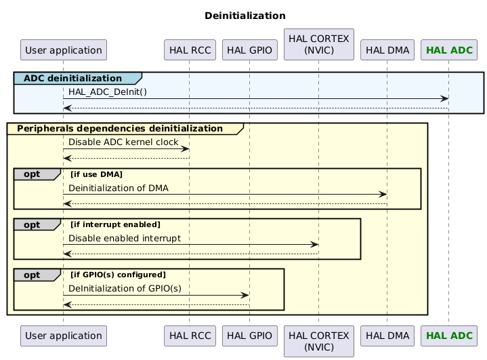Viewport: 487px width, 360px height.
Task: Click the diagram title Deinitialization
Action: [245, 16]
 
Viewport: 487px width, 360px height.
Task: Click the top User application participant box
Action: [64, 50]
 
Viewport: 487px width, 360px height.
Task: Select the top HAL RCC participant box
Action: [190, 50]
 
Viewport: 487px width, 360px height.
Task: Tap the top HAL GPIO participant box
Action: [249, 50]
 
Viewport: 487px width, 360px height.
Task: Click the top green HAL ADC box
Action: [448, 50]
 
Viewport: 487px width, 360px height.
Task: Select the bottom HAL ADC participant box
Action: [448, 335]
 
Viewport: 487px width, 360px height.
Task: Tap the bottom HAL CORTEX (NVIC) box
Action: [318, 335]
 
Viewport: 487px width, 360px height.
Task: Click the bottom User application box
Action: [64, 335]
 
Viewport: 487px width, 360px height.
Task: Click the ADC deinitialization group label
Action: [72, 79]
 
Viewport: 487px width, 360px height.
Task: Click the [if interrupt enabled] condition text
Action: [115, 224]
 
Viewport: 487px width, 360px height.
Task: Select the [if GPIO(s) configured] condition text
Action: [118, 275]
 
